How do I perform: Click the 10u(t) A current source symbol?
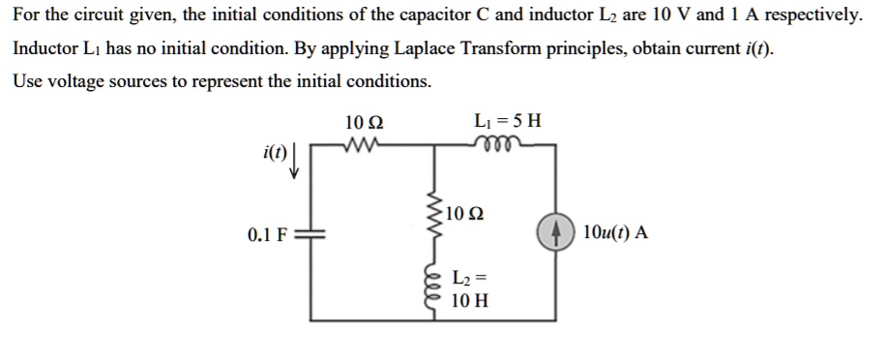point(556,233)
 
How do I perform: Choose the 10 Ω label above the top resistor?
point(364,123)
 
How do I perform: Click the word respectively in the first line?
point(811,16)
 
